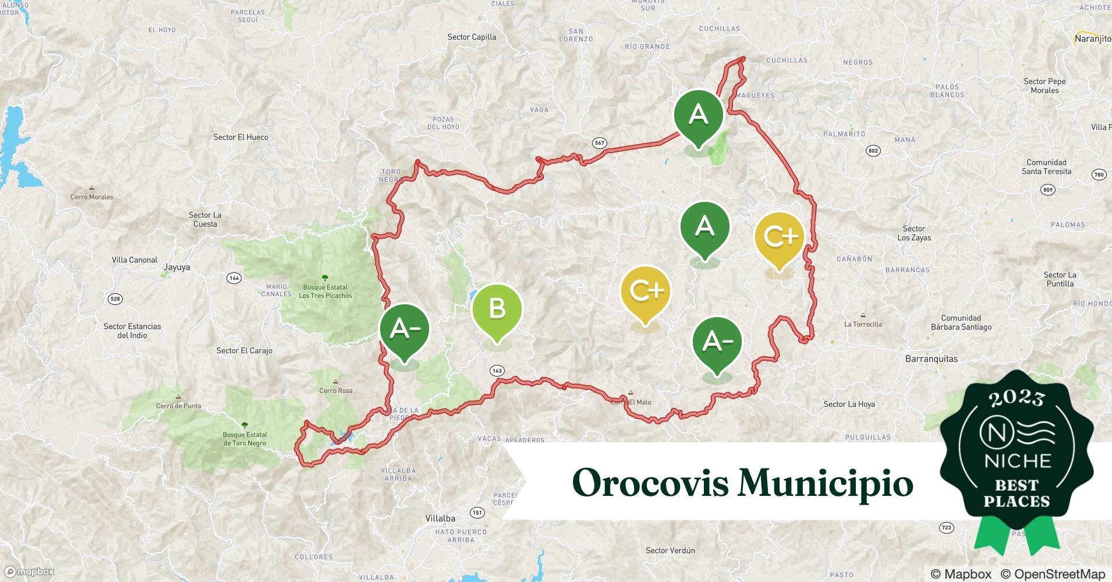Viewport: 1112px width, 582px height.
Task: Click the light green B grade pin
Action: pos(497,310)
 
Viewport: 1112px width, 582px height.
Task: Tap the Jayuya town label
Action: pos(176,268)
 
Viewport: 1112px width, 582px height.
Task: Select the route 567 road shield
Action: pos(599,143)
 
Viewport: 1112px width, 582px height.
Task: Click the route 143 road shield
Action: pos(497,371)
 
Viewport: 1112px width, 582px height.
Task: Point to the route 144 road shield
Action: pos(234,278)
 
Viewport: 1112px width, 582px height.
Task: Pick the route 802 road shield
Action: pos(873,151)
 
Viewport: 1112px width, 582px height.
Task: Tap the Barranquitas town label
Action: pos(931,359)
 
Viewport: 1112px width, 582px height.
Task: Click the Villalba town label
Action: pos(440,519)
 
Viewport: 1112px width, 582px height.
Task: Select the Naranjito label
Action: pos(1092,39)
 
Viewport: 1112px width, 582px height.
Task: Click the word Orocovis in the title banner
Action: pos(650,482)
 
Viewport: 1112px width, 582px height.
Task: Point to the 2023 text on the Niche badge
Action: pos(1017,399)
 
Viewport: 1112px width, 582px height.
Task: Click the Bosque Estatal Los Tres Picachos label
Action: pos(325,291)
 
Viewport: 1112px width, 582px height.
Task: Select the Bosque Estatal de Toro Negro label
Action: pos(245,439)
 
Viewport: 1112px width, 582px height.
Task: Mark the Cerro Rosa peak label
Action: pos(335,391)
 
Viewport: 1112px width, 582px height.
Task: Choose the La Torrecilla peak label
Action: pos(863,324)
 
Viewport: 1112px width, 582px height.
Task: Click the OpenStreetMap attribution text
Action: pos(1052,574)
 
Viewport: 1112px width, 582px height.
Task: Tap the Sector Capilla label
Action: pos(472,37)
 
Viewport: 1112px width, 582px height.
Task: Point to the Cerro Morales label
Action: pos(91,197)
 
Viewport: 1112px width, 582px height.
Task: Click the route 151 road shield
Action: pos(477,513)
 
